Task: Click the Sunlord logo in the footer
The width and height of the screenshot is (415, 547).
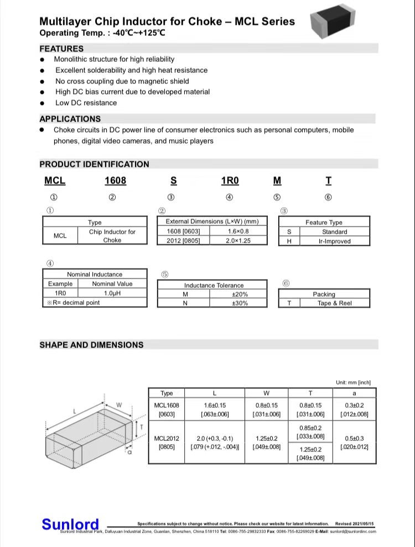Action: [x=70, y=524]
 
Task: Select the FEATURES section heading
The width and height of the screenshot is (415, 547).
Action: [x=61, y=49]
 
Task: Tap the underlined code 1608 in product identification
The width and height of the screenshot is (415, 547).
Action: [x=116, y=181]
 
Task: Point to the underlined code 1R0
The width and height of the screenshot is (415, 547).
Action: [x=230, y=181]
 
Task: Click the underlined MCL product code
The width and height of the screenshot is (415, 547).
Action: [x=55, y=181]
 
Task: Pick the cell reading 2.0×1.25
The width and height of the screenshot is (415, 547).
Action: [x=238, y=240]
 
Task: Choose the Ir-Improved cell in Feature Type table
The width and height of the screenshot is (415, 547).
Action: [x=334, y=241]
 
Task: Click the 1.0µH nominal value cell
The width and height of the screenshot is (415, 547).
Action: [x=112, y=293]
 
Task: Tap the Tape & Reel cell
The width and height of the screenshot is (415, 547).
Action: [x=334, y=303]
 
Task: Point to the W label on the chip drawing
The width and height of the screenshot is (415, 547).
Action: [x=119, y=405]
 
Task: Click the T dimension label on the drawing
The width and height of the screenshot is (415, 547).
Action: [x=142, y=427]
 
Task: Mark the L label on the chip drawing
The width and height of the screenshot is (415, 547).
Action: [x=74, y=411]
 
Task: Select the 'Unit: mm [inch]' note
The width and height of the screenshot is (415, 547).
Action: [x=353, y=382]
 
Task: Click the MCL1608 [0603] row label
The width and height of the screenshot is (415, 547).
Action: [x=166, y=409]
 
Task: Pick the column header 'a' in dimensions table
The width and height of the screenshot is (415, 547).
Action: [x=354, y=393]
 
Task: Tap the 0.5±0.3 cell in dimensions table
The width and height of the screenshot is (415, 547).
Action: [x=354, y=442]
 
